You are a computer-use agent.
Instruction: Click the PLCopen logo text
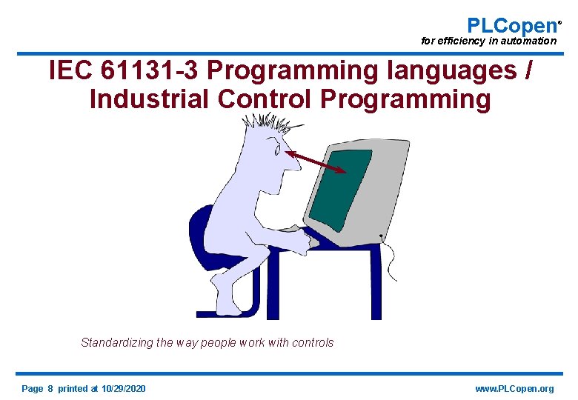[x=512, y=24]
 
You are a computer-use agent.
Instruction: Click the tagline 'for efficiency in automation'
[x=488, y=41]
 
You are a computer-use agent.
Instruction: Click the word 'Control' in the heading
[x=270, y=99]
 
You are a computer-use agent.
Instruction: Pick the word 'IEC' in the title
[x=71, y=71]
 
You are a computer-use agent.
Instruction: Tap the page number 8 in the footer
[x=50, y=389]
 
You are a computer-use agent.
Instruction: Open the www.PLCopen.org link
[x=514, y=389]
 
